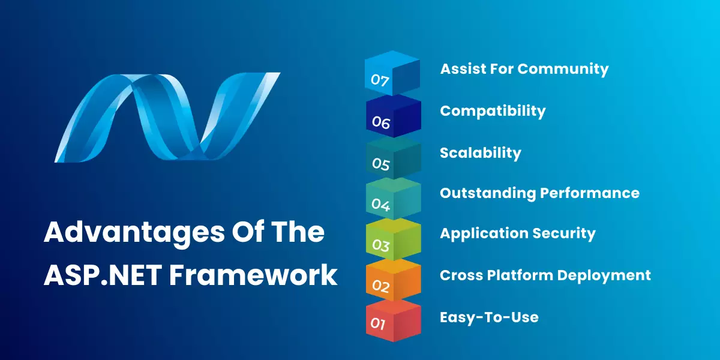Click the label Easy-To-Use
click(489, 317)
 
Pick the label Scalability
click(480, 153)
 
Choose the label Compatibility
click(493, 111)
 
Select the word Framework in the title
click(253, 275)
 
